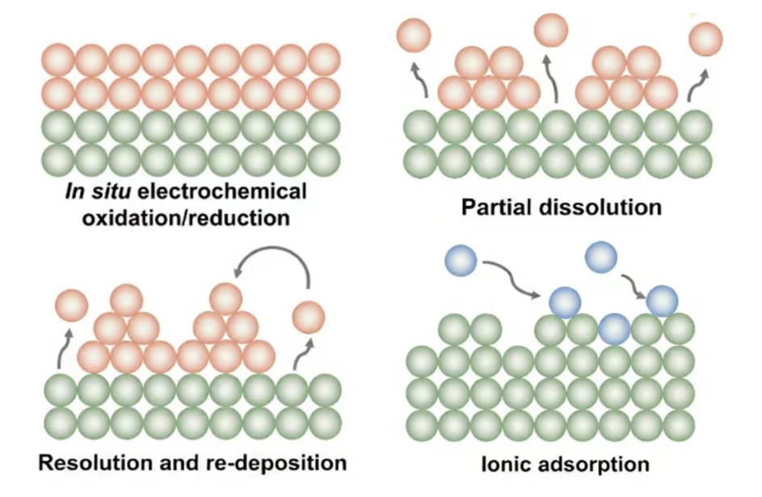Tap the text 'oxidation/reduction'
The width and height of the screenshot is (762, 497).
[x=185, y=218]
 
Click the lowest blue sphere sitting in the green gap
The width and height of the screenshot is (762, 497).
[x=615, y=328]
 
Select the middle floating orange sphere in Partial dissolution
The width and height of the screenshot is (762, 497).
[x=552, y=31]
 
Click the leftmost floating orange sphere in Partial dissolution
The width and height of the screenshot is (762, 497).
[x=415, y=35]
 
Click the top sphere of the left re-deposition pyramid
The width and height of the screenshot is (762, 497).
[x=126, y=301]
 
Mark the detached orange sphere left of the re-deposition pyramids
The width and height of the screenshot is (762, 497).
[x=71, y=305]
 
